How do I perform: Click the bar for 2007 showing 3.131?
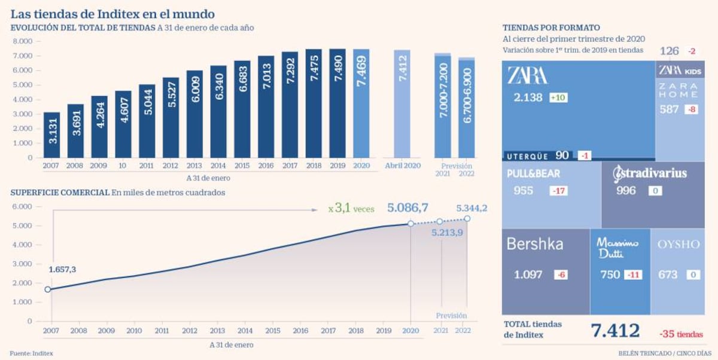51,135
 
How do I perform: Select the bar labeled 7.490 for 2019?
337,103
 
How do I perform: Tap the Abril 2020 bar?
402,104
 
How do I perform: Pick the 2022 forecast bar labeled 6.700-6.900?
466,108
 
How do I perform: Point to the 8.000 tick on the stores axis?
23,41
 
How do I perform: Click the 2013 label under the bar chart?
194,166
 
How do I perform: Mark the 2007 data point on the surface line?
48,289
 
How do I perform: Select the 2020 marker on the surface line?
410,224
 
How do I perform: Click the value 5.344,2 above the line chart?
471,208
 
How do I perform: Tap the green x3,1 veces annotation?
351,209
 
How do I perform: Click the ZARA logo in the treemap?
527,75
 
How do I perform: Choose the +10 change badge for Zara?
558,97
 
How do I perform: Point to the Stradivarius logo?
650,174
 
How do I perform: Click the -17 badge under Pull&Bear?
559,191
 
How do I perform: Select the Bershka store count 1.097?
528,275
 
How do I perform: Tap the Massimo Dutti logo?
617,248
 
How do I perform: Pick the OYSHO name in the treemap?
679,245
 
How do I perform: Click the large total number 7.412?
615,331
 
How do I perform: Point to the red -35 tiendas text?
681,334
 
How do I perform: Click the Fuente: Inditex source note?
31,353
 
